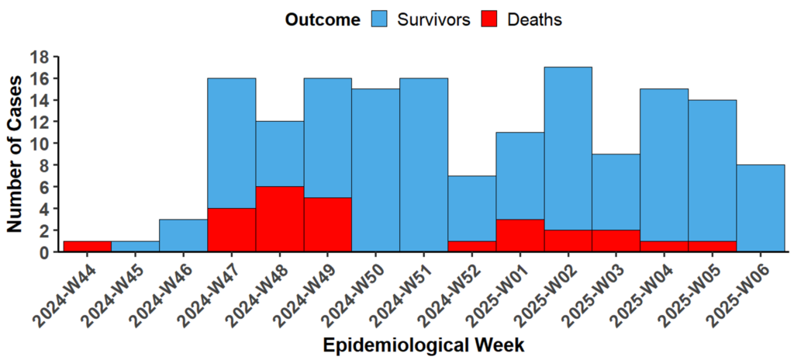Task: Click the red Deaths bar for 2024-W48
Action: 279,220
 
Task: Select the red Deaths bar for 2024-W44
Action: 87,247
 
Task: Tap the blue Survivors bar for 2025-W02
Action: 568,148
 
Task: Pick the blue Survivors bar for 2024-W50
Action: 375,171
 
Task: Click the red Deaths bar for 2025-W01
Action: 520,236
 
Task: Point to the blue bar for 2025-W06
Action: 760,209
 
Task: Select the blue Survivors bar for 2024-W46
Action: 183,236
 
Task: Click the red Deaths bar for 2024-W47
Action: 231,230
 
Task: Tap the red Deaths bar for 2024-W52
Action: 471,247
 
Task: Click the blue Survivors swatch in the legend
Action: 379,19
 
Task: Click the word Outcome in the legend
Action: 323,20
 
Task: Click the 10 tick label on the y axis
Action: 40,144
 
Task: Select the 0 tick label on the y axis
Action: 44,252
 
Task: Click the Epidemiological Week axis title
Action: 425,344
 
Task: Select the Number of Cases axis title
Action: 15,154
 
